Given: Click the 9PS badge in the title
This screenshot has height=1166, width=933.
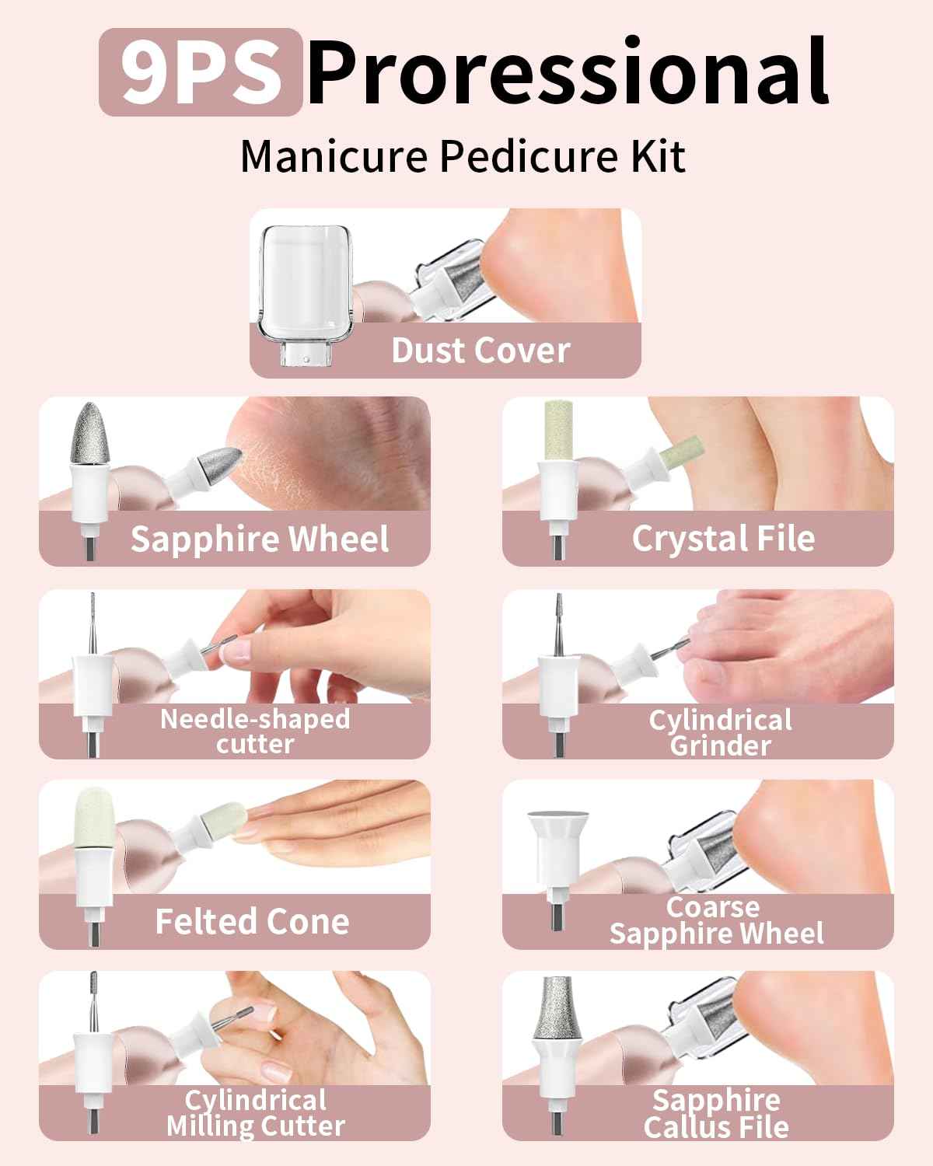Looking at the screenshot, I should [200, 72].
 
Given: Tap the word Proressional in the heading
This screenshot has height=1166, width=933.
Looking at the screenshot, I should [568, 72].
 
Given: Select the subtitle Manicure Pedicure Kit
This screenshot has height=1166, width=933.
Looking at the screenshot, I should [463, 156].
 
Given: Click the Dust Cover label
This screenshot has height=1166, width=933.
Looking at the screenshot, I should [480, 351].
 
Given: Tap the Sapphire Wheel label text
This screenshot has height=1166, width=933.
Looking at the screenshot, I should [259, 539].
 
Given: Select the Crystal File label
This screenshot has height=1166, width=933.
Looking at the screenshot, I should [723, 539].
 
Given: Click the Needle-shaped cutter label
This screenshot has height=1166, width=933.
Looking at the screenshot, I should [255, 731].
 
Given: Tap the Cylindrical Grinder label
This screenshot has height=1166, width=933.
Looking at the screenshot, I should [720, 732].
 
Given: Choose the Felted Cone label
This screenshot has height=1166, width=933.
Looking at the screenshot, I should [252, 922].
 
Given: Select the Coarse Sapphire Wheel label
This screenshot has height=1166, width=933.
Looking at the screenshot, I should [715, 920].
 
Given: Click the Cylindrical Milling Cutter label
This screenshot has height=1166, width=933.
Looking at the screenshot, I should [255, 1113].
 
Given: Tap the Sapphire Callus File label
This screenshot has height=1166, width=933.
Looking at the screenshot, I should [715, 1113].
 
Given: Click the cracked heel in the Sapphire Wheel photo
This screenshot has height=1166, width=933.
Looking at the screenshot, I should [342, 451].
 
